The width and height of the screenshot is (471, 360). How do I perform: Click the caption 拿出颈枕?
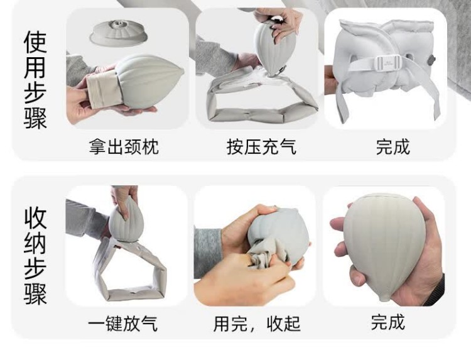124,146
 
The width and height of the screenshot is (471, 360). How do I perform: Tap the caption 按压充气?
261,146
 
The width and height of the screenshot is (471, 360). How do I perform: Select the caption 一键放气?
122,324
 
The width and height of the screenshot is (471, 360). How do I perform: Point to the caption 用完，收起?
257,324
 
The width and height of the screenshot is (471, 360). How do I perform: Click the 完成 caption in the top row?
393,146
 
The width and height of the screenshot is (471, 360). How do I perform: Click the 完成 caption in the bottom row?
388,322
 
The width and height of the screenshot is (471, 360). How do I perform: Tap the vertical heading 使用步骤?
35,80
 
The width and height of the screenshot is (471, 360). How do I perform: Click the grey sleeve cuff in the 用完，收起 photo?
208,253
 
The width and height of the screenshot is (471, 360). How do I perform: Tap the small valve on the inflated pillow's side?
431,60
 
